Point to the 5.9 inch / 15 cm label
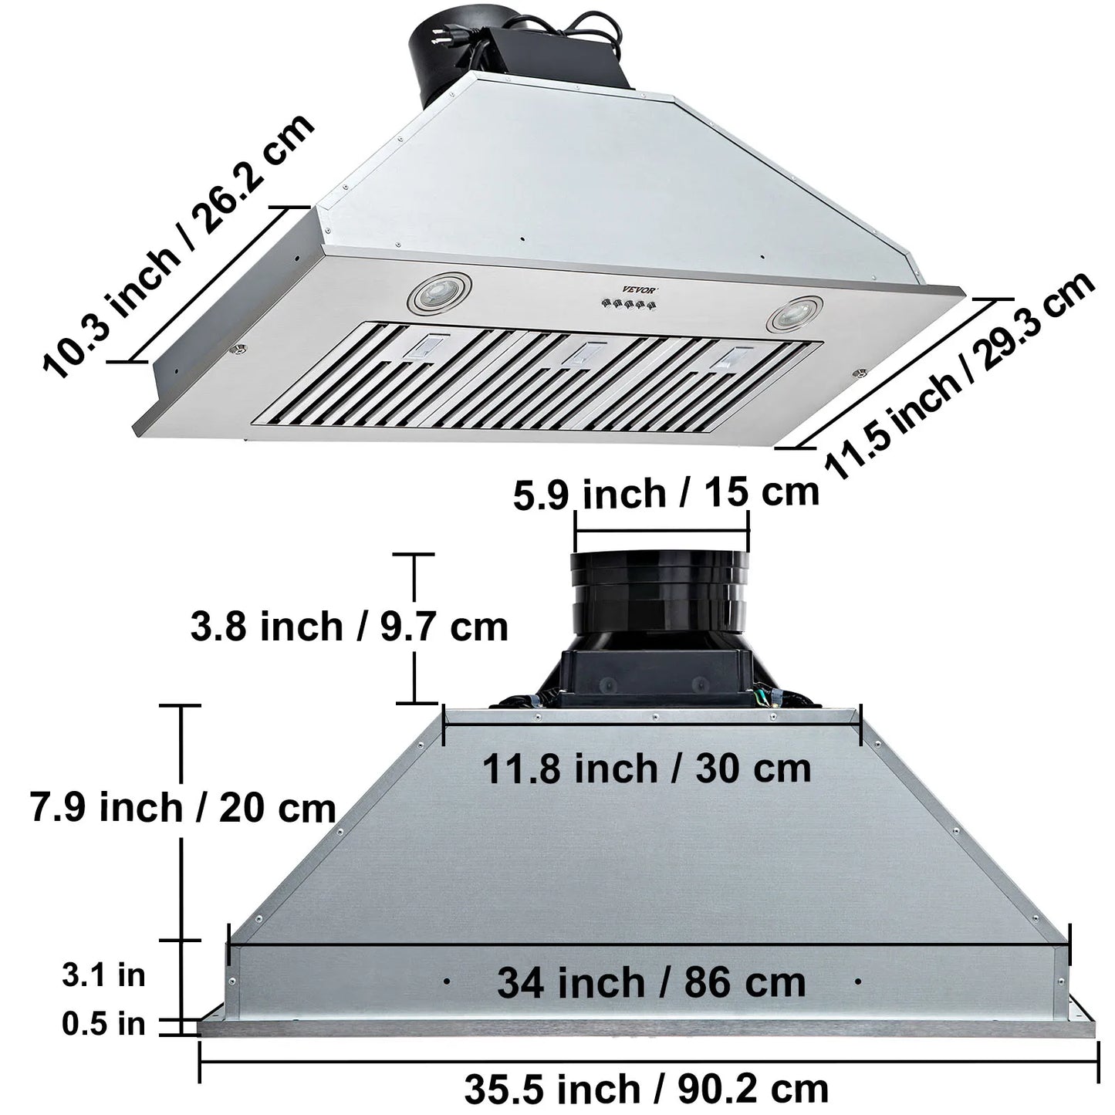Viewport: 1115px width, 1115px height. pos(665,494)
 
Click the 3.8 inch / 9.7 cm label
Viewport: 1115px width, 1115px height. pos(349,627)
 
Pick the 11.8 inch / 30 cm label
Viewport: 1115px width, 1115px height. pos(647,769)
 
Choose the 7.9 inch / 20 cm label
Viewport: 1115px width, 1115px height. pos(183,808)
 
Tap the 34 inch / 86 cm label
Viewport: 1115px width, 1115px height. pos(650,982)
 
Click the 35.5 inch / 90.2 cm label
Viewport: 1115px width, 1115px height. pos(646,1088)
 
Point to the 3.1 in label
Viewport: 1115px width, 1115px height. pos(103,975)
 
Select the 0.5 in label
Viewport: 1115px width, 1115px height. pos(103,1024)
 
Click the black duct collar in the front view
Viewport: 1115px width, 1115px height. pos(660,590)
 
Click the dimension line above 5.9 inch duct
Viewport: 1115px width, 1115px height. pos(661,530)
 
